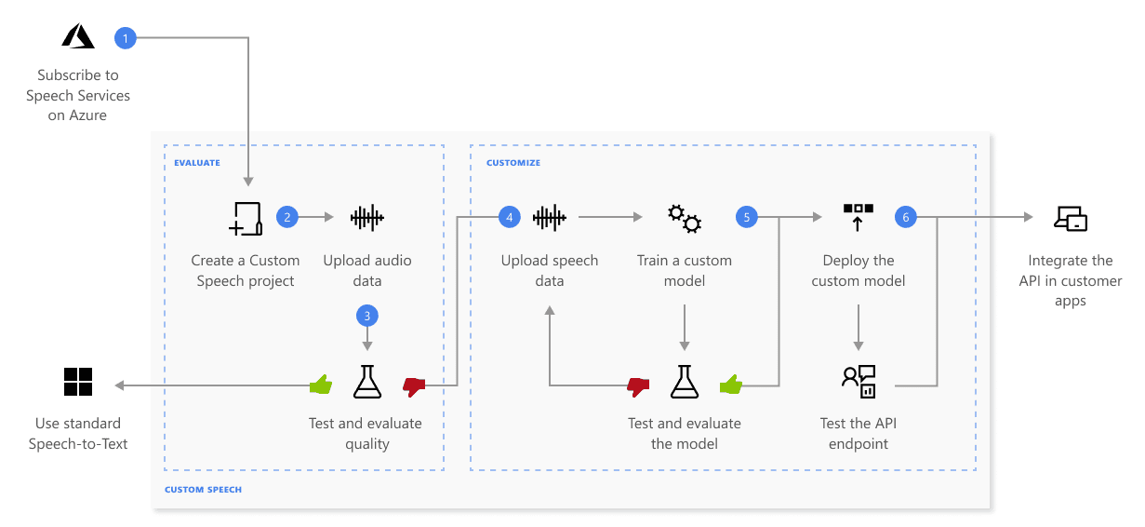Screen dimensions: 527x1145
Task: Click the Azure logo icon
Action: [78, 36]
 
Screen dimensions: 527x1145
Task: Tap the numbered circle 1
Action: [125, 37]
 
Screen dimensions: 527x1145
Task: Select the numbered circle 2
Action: [287, 218]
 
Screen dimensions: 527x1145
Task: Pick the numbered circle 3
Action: [367, 316]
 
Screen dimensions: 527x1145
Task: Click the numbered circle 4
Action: [509, 218]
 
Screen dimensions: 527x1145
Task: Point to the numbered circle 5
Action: [746, 218]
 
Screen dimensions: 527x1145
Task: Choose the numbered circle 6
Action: [905, 218]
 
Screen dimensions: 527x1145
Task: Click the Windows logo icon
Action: [78, 382]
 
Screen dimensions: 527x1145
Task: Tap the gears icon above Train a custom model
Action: [685, 218]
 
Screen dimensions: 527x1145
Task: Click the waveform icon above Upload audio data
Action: [367, 218]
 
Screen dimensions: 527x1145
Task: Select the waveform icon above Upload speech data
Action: [550, 218]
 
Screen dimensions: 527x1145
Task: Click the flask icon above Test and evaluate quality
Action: [367, 382]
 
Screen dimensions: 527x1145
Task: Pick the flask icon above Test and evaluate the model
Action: [685, 382]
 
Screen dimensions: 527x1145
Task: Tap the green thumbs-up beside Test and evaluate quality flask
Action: [321, 383]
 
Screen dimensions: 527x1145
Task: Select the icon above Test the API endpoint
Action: [858, 380]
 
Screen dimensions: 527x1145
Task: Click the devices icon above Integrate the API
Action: [1071, 219]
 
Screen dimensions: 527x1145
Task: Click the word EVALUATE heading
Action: [197, 163]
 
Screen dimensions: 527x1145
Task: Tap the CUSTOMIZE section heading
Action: [513, 163]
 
